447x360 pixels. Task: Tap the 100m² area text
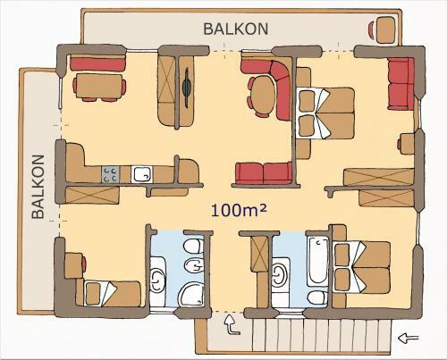tap(240, 210)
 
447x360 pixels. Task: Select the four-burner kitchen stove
tap(112, 175)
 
